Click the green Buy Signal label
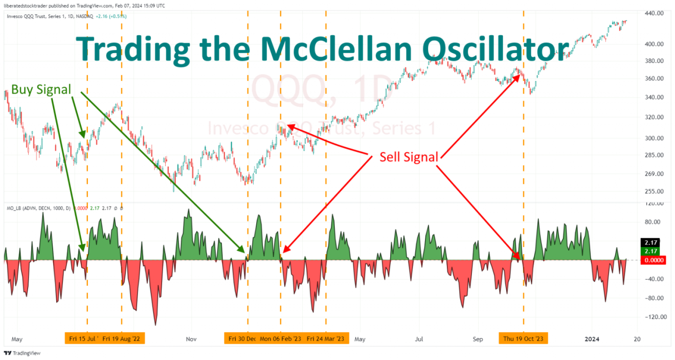coord(41,89)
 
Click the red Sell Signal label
coord(409,157)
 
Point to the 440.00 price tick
coord(654,13)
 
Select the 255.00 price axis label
coord(654,192)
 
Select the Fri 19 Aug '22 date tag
coord(123,339)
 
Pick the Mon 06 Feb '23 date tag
coord(281,339)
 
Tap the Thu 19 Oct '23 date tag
coord(523,339)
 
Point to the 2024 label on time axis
coord(592,339)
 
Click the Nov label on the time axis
coord(191,339)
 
